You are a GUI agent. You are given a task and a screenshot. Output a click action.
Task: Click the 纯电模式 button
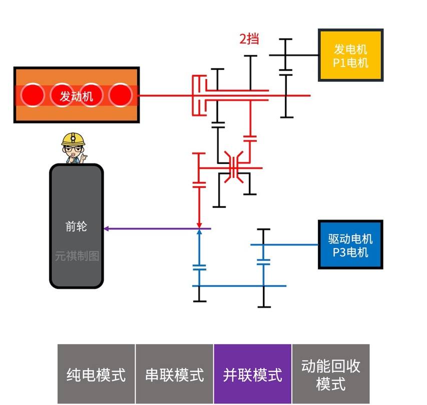tap(96, 374)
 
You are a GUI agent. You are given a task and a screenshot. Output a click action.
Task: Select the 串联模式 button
tap(174, 374)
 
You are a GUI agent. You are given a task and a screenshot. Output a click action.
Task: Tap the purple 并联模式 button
tap(252, 374)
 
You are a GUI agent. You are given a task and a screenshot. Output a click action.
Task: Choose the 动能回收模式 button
tap(330, 374)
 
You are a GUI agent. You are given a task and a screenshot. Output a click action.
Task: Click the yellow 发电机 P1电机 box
tap(350, 55)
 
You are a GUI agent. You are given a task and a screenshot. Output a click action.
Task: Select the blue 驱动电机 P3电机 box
tap(350, 245)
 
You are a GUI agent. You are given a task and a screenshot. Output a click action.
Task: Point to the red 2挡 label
tap(249, 38)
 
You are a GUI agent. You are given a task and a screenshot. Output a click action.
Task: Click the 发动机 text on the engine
tap(77, 95)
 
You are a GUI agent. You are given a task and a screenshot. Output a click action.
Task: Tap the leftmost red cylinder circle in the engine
tap(33, 95)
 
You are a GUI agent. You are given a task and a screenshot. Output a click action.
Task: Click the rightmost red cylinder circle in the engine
tap(120, 95)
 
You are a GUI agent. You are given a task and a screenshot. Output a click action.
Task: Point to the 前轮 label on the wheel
tap(76, 226)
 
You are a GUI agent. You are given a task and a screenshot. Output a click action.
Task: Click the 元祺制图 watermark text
tap(77, 256)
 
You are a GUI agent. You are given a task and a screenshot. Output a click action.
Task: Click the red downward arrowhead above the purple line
tap(199, 224)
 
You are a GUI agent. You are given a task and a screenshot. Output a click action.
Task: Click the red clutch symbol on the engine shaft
tap(199, 95)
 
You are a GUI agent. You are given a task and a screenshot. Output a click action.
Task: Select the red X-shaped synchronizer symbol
tap(234, 168)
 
